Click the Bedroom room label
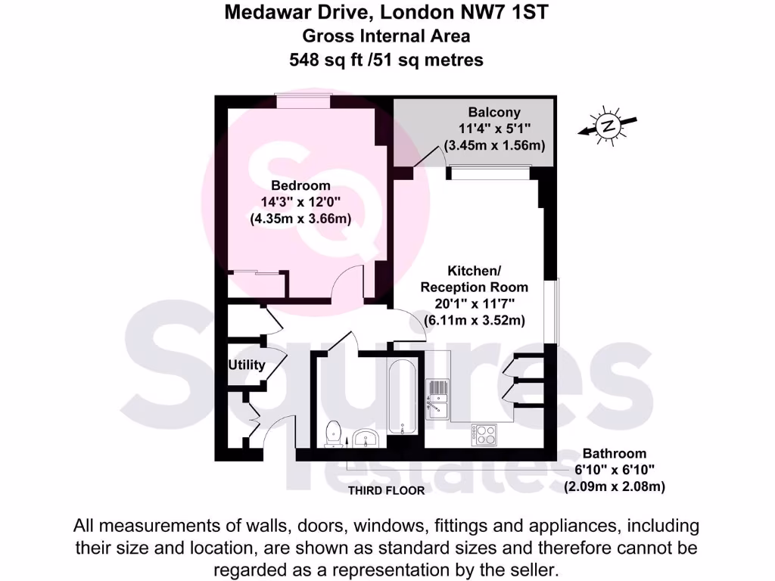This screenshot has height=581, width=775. click(x=301, y=186)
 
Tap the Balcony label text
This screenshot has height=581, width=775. click(x=494, y=113)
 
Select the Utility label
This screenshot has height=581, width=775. click(x=247, y=365)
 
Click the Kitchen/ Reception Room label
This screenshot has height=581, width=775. click(x=474, y=279)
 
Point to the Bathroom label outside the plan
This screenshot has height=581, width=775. click(x=614, y=454)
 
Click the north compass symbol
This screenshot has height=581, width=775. click(x=606, y=126)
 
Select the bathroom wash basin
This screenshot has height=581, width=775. click(x=366, y=437)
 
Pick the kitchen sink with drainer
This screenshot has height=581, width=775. click(x=437, y=399)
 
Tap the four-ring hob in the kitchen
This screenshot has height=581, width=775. click(x=484, y=433)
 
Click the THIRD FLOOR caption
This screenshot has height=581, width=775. click(x=386, y=490)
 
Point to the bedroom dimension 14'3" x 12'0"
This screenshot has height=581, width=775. click(x=301, y=203)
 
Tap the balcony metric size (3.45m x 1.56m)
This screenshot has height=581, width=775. click(x=495, y=145)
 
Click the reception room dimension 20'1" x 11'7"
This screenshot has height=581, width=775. click(x=474, y=304)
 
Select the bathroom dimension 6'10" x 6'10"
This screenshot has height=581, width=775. click(x=614, y=471)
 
